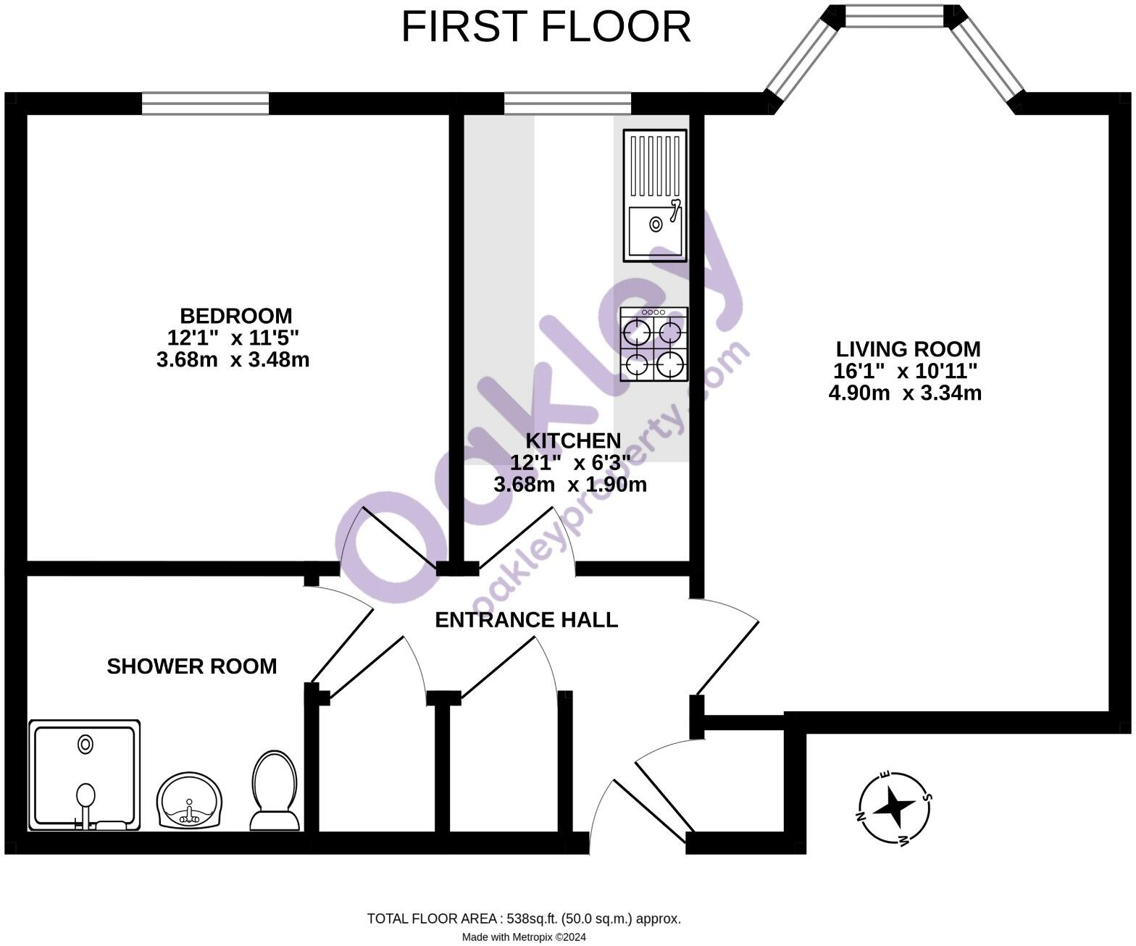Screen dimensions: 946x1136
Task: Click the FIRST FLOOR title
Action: click(x=546, y=28)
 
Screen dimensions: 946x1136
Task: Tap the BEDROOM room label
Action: click(x=235, y=316)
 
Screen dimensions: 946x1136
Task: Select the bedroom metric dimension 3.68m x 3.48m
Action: click(x=233, y=359)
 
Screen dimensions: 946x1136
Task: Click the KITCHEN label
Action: click(x=572, y=440)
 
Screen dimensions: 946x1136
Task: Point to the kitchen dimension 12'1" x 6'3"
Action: click(x=569, y=462)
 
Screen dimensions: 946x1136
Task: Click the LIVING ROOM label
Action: click(x=908, y=349)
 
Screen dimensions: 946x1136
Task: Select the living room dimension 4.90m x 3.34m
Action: click(x=905, y=393)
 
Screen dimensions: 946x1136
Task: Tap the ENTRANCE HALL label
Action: click(x=526, y=620)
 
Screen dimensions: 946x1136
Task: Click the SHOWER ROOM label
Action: click(x=191, y=666)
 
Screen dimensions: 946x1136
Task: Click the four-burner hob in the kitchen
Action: click(x=653, y=345)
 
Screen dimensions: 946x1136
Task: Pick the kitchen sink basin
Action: click(x=655, y=229)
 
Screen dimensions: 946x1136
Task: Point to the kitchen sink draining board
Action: click(x=655, y=167)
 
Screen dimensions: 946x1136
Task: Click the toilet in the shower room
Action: click(x=274, y=791)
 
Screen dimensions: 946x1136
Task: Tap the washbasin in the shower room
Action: click(x=190, y=801)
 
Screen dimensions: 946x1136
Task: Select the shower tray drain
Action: click(x=85, y=744)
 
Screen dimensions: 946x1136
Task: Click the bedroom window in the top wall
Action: click(x=205, y=104)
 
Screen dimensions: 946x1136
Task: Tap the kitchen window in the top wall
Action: click(x=567, y=104)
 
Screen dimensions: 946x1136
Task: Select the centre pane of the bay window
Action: click(x=895, y=16)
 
